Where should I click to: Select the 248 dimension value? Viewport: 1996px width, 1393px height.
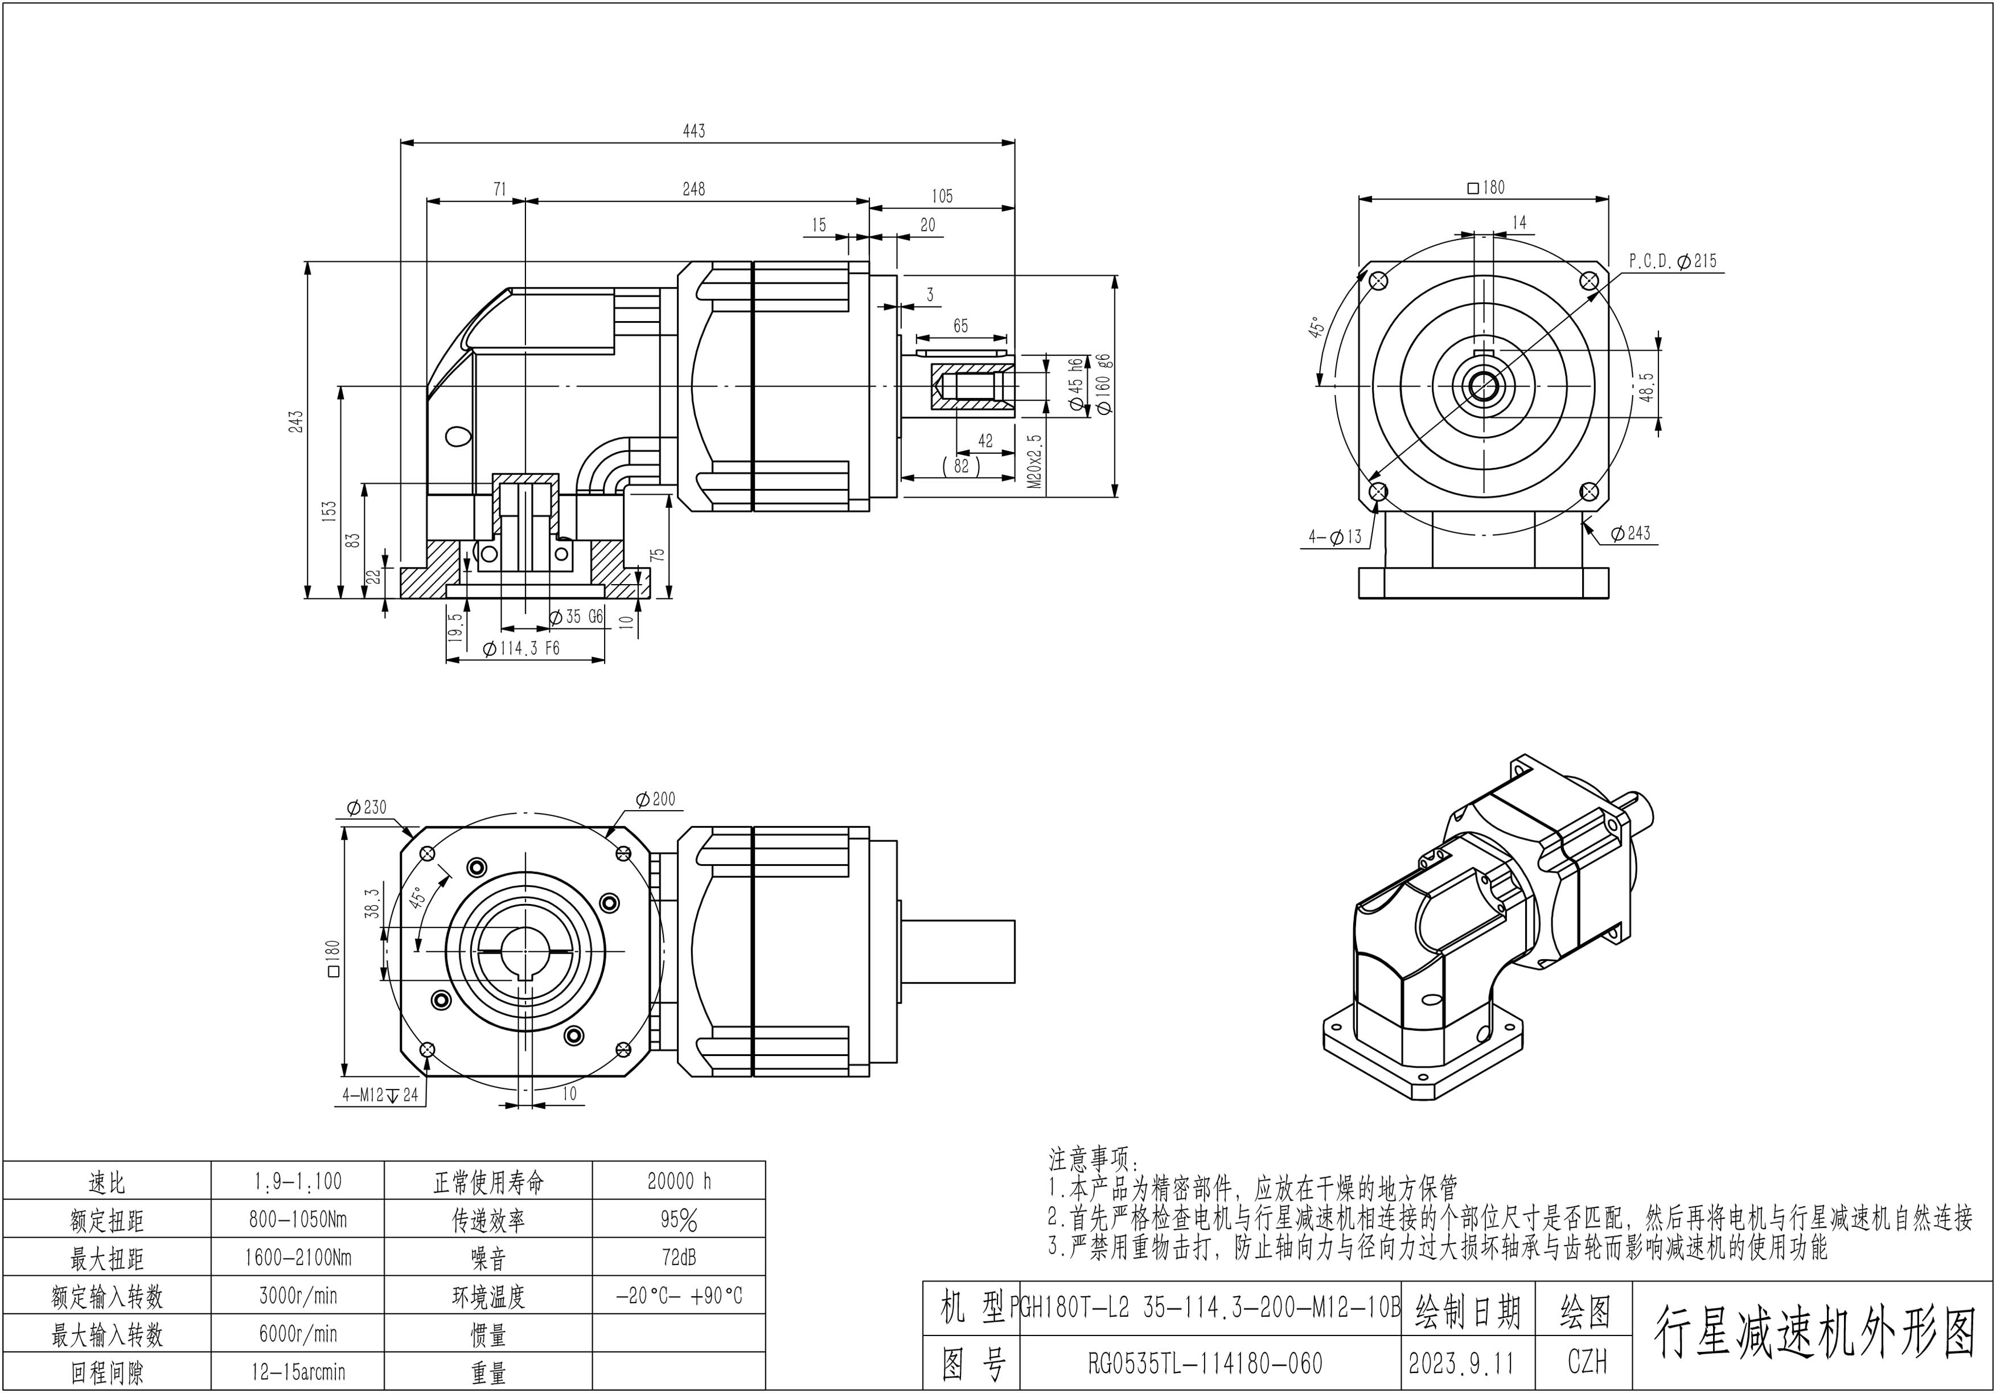tap(694, 188)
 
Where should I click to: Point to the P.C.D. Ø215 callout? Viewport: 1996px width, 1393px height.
tap(1673, 261)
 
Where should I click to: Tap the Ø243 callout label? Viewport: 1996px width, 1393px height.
tap(1630, 533)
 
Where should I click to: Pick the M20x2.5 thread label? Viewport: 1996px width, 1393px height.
tap(1034, 462)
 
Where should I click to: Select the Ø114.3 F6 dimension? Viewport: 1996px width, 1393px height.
tap(521, 648)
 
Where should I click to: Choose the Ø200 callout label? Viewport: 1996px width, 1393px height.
tap(655, 799)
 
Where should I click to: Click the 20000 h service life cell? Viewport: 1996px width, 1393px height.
tap(679, 1181)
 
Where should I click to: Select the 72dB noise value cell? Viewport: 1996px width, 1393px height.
tap(679, 1258)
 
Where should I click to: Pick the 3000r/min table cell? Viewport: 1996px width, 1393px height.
tap(298, 1296)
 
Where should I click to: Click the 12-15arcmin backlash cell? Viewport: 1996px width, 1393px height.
tap(298, 1372)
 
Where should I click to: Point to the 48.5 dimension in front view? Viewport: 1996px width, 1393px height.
tap(1646, 388)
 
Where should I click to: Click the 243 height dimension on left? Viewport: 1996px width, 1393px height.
tap(297, 422)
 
